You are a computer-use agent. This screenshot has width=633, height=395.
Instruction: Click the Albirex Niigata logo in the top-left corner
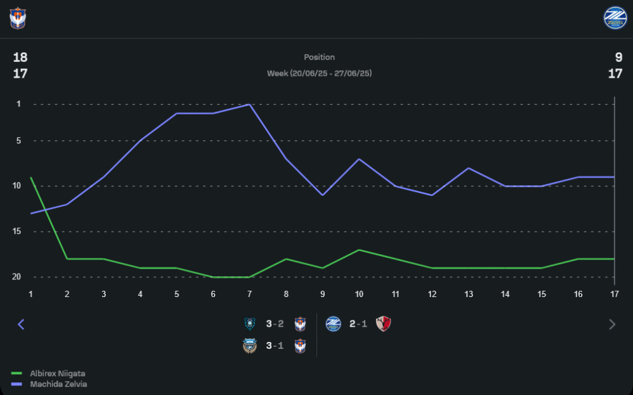pos(17,18)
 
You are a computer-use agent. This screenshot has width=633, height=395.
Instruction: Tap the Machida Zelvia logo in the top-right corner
pos(615,18)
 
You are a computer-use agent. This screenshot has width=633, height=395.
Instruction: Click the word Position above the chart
pos(319,58)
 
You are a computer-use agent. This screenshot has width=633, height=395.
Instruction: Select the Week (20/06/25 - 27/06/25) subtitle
pos(319,73)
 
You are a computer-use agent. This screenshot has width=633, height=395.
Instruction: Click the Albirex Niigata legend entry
pos(58,374)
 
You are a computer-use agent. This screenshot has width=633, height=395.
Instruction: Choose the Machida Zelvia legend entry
pos(58,384)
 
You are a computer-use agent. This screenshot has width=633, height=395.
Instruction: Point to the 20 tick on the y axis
pos(16,277)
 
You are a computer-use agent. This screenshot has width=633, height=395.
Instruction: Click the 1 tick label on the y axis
pos(18,104)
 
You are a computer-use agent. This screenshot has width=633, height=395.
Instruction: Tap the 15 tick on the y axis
pos(16,231)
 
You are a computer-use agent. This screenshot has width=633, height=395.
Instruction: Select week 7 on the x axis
pos(249,294)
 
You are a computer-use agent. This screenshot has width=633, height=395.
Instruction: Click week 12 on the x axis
pos(432,294)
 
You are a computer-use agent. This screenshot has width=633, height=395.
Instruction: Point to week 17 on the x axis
pos(614,294)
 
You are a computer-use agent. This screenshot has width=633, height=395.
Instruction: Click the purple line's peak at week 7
pos(249,104)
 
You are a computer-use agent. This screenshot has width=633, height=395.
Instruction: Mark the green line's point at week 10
pos(359,250)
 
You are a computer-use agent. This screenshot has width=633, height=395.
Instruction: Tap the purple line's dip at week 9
pos(323,195)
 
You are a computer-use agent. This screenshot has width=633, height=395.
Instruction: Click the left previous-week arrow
pos(21,324)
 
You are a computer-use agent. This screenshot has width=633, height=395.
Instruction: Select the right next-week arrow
pos(611,324)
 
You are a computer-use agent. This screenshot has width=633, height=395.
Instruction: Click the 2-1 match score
pos(358,324)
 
